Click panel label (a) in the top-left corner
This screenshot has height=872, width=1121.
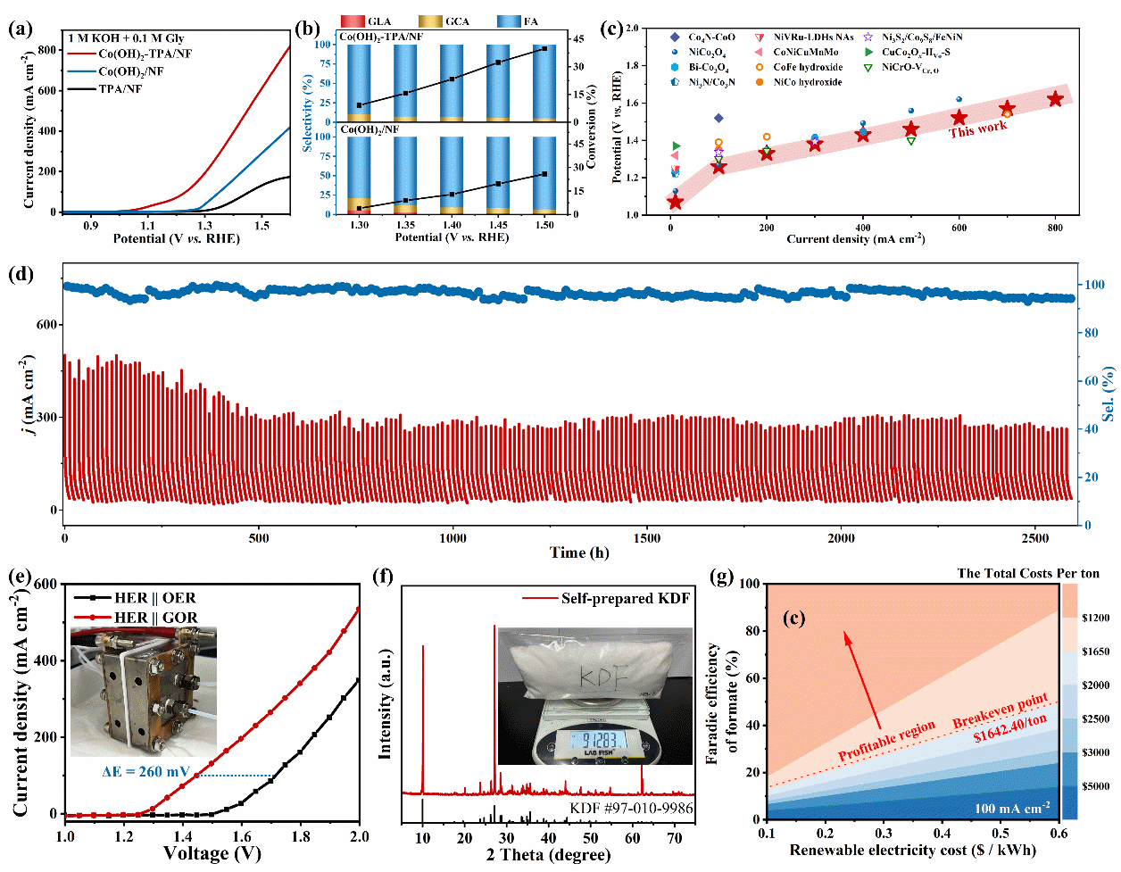(20, 29)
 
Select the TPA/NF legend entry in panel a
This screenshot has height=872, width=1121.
(120, 88)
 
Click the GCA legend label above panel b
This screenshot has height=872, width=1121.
(457, 21)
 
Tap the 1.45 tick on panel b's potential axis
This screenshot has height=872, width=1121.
(497, 225)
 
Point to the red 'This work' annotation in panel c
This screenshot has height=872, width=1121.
(977, 129)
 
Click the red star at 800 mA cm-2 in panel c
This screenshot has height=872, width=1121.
(1056, 99)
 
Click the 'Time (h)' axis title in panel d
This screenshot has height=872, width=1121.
(580, 552)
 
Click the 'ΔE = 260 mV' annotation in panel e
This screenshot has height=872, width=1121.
(139, 771)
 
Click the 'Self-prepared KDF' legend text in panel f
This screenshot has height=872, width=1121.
(625, 598)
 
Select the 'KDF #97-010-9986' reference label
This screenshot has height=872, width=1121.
(631, 809)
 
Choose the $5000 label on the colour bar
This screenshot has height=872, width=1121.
(1095, 786)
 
